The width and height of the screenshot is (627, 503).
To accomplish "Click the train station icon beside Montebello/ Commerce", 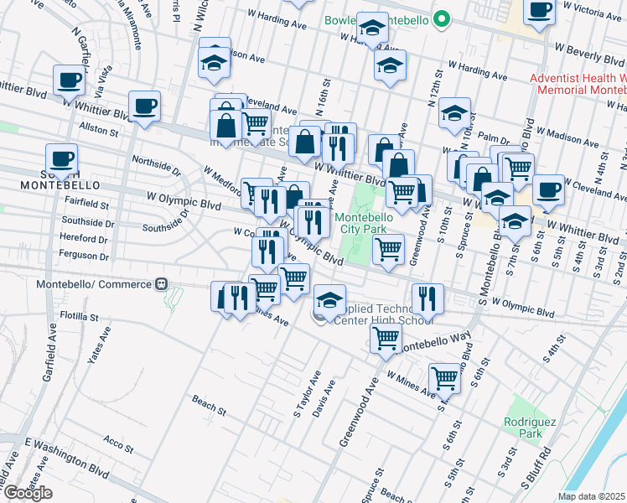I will (163, 284).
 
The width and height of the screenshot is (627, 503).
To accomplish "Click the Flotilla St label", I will (80, 318).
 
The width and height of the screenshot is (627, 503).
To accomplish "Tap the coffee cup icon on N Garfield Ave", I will (69, 81).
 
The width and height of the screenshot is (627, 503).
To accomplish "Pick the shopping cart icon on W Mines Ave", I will (443, 378).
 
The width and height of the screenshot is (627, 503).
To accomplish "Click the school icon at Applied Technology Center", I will (330, 300).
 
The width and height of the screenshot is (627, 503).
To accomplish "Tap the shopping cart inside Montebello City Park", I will (388, 249).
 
